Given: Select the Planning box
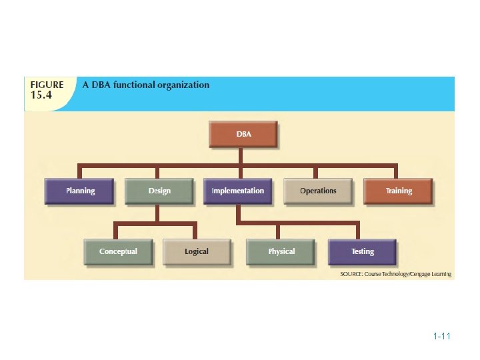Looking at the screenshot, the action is [80, 191].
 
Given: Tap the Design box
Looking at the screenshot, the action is [159, 191].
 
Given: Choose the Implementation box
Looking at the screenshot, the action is [237, 191].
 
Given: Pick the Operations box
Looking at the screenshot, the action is [318, 191].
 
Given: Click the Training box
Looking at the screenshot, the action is [398, 191].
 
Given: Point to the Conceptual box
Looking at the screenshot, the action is [118, 251].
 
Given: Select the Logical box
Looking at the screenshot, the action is [197, 251].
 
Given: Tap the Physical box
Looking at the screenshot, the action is [281, 251].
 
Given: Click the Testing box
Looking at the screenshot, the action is [362, 251].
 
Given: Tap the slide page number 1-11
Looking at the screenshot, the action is [442, 337].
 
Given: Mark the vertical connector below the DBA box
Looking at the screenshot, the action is [242, 155].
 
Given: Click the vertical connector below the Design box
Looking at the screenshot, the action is [157, 213].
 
